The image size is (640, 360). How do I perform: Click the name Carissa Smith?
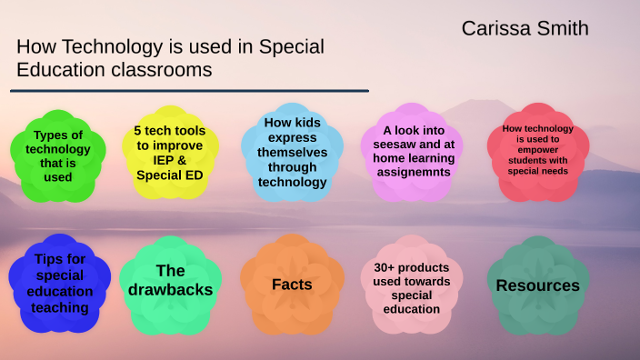(525, 28)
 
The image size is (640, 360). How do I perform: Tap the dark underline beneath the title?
(189, 91)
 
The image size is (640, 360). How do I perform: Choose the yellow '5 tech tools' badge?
(169, 152)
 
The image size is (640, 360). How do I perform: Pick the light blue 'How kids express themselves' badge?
(292, 152)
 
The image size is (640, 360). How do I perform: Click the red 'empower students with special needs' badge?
(538, 152)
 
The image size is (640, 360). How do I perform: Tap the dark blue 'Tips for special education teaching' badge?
(60, 284)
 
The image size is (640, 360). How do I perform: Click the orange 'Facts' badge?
(292, 285)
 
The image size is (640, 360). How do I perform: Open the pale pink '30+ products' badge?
(412, 285)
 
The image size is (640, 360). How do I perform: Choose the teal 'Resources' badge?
(537, 285)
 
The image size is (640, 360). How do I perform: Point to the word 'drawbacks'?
(171, 290)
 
